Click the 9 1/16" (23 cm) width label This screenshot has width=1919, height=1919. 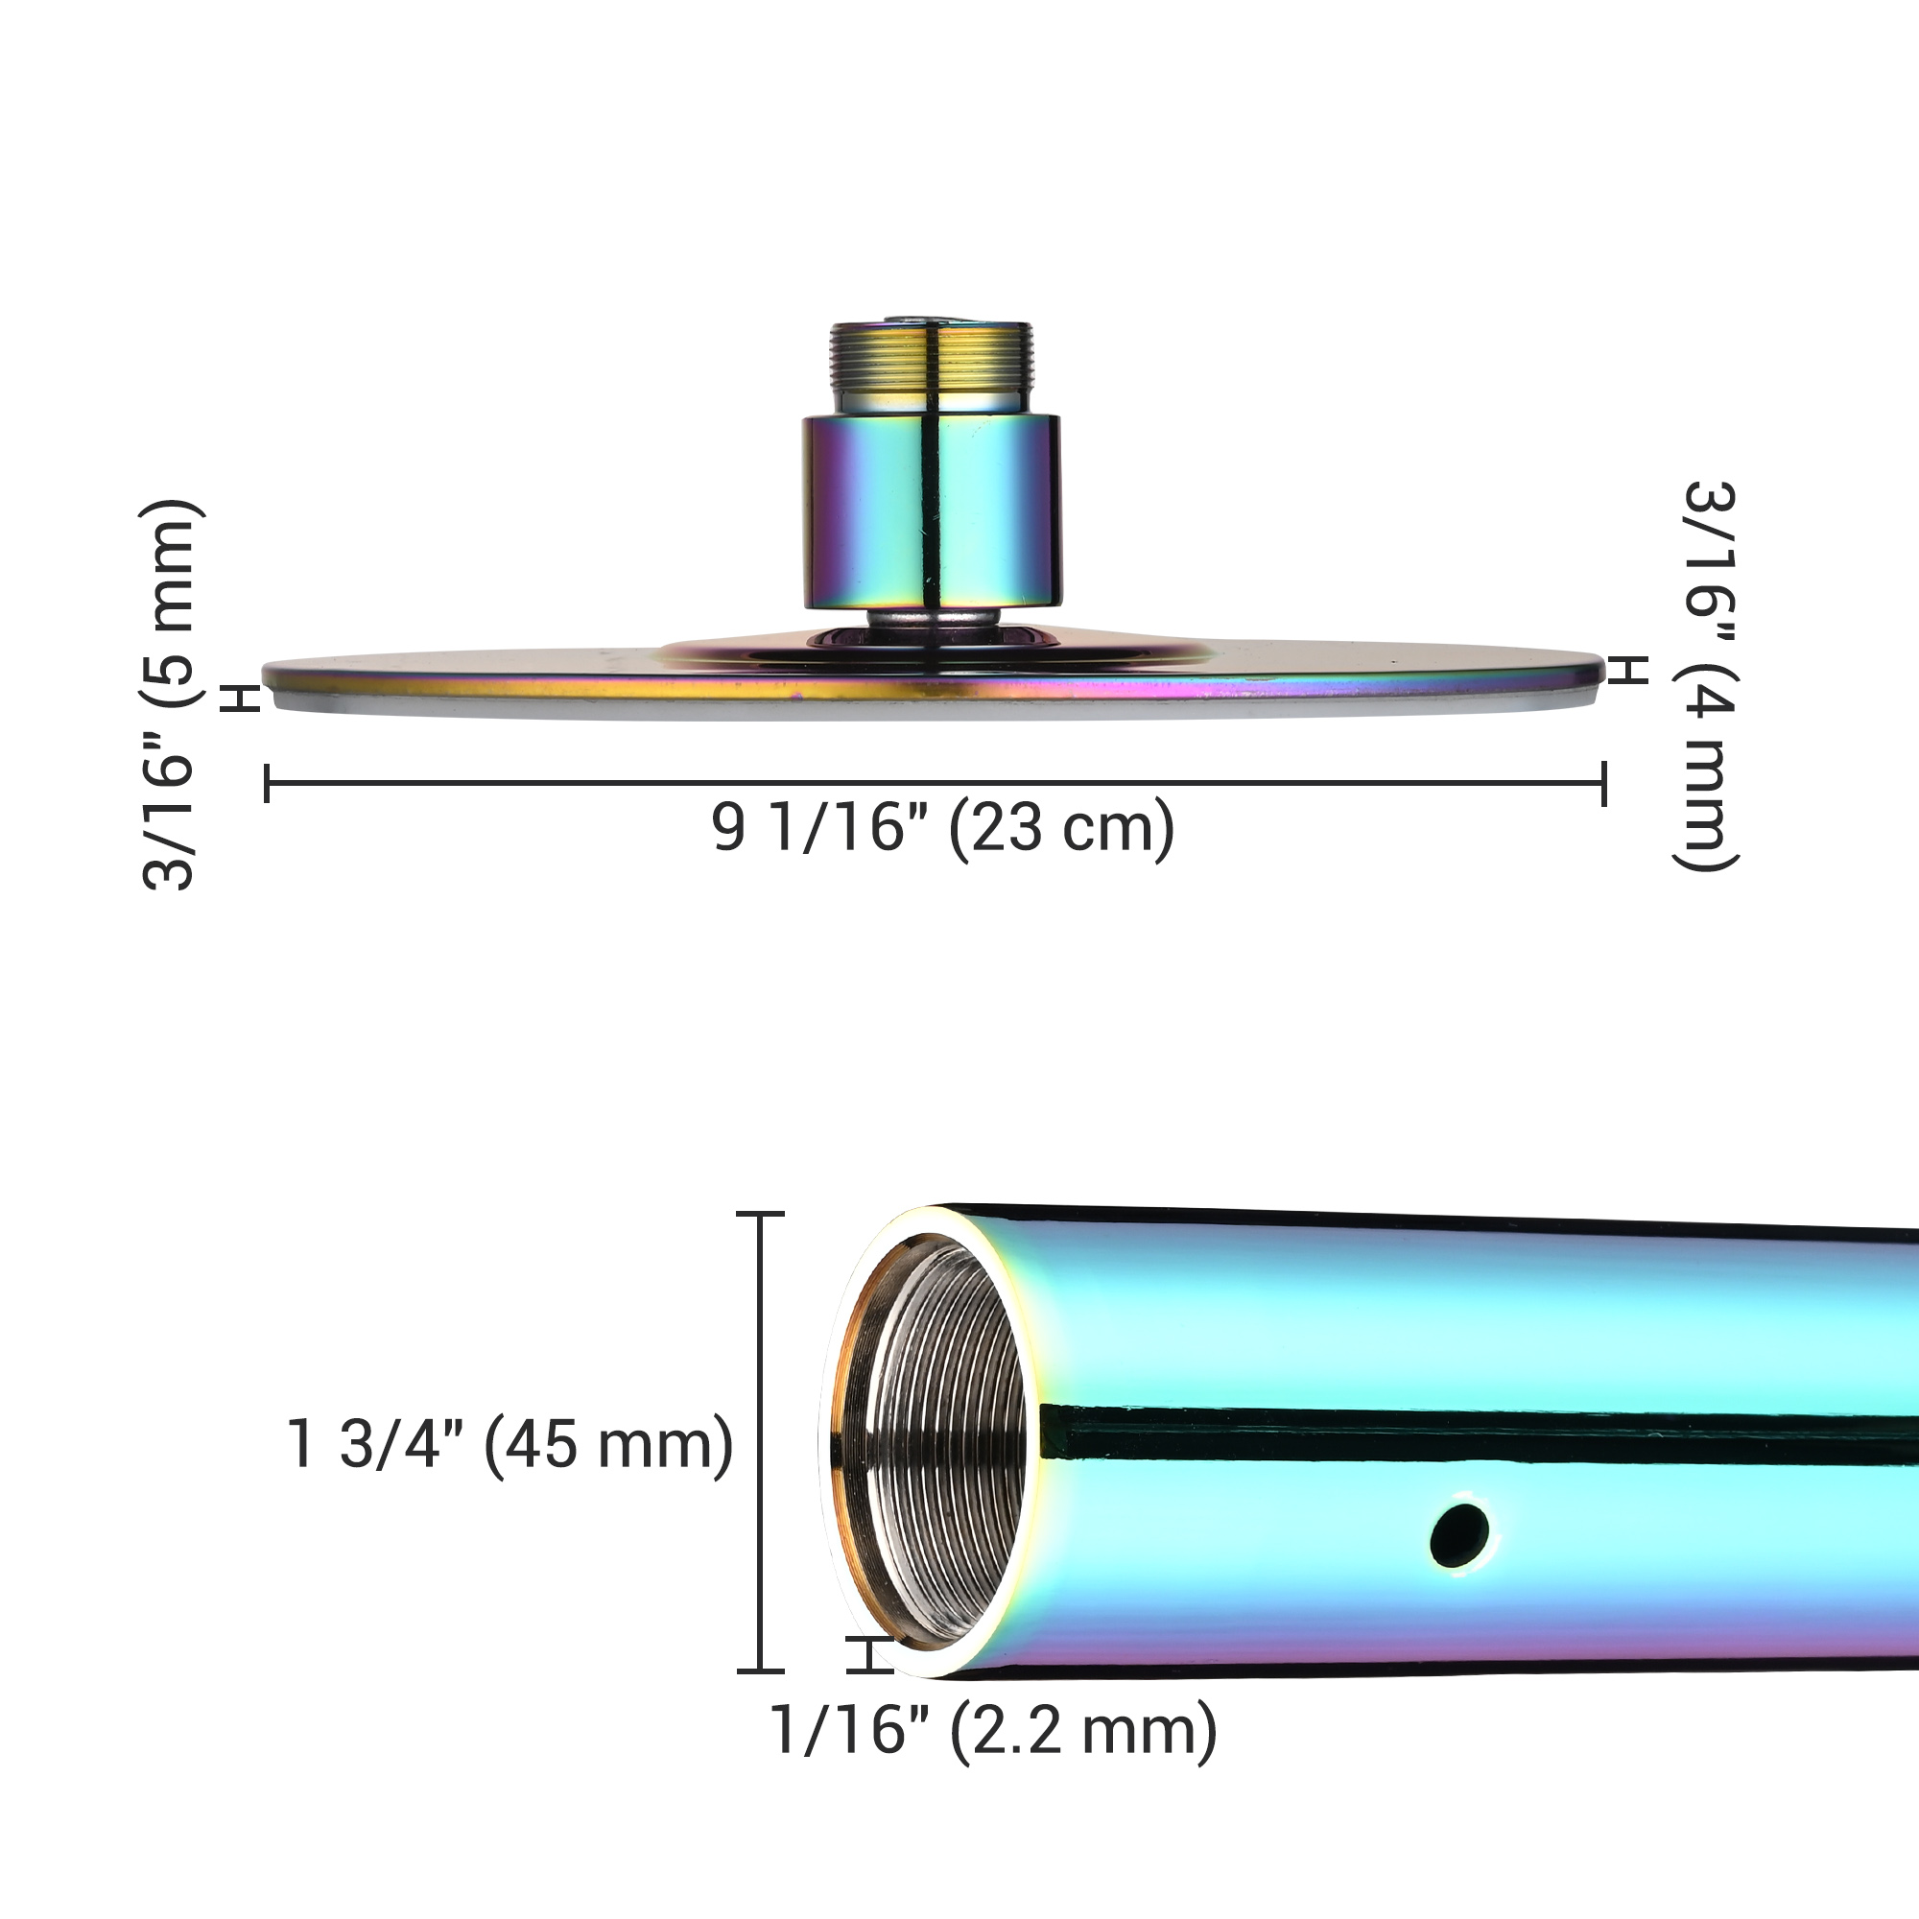(942, 826)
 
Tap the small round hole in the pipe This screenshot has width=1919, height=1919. (1460, 1534)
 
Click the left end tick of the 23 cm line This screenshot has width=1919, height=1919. (267, 783)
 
